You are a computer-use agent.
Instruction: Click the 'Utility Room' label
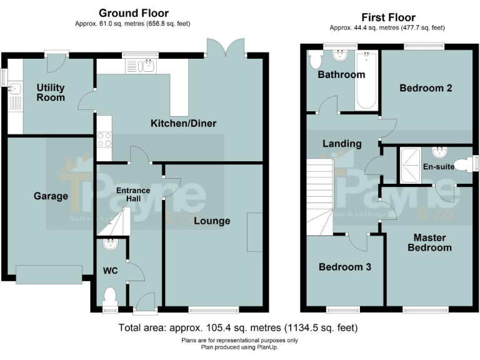(50, 92)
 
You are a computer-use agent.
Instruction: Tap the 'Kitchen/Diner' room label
(183, 123)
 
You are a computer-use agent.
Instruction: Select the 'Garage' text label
(51, 196)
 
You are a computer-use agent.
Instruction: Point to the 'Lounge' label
(211, 221)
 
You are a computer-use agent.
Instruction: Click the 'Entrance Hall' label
(133, 194)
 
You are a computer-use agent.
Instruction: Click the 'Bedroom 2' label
(426, 88)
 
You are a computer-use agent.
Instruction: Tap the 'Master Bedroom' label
(429, 242)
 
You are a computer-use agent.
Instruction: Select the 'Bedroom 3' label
(345, 267)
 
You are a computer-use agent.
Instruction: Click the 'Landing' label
(342, 143)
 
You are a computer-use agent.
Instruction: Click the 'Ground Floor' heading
(133, 13)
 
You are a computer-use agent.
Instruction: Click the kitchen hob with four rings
(104, 139)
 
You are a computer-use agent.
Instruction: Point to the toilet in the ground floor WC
(110, 296)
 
